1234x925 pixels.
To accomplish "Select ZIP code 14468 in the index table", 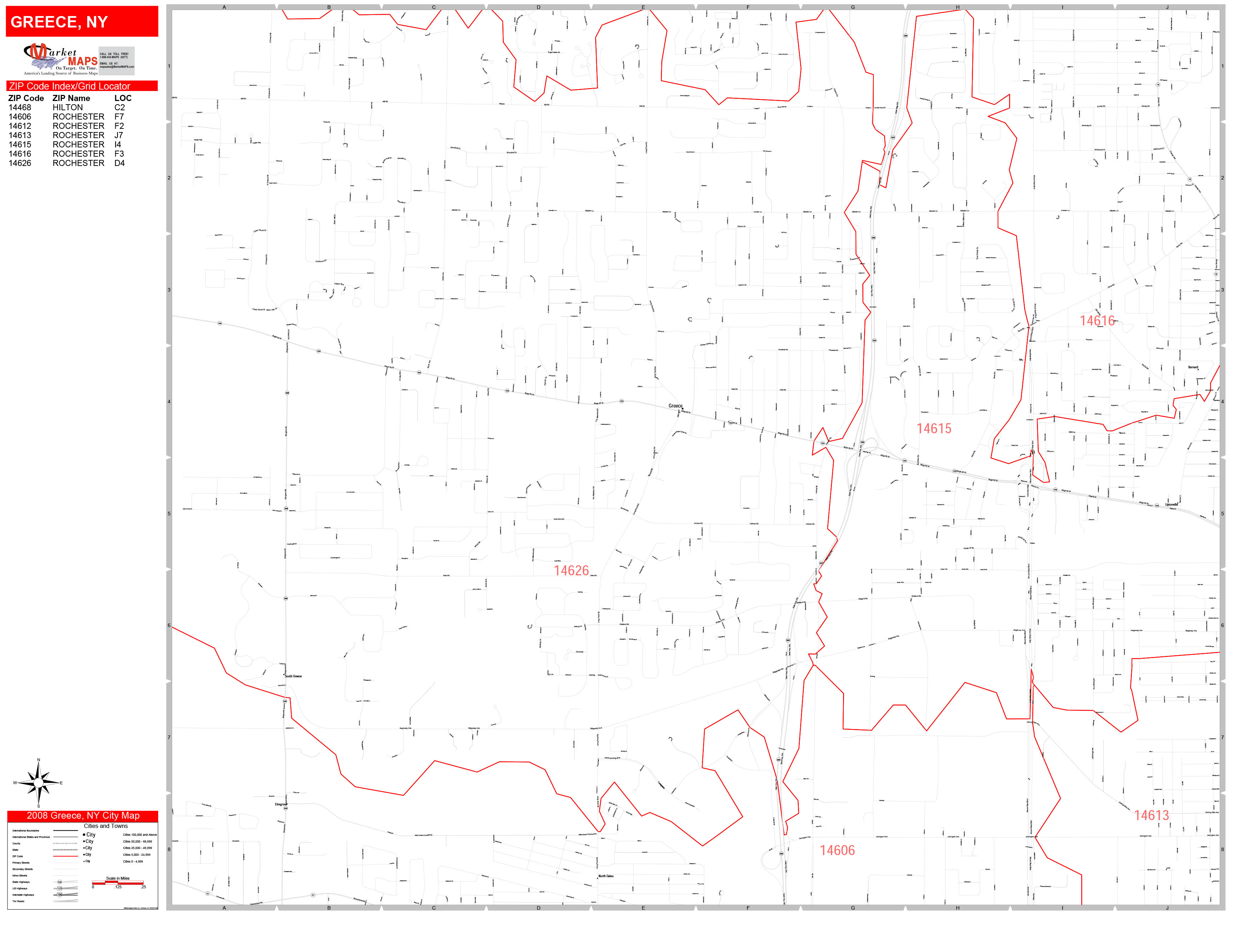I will tap(20, 108).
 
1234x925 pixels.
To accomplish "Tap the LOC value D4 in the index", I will tap(119, 163).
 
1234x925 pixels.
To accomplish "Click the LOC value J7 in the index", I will tap(119, 136).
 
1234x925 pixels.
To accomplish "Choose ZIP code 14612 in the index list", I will tap(20, 126).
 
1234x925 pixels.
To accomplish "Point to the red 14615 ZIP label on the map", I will tap(934, 429).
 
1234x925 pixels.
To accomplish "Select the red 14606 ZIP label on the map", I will tap(837, 850).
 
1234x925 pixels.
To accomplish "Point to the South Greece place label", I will tap(294, 676).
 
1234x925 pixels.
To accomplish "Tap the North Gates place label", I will tap(606, 876).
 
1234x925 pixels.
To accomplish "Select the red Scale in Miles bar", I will tap(118, 883).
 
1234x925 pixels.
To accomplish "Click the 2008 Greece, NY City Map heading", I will tap(82, 816).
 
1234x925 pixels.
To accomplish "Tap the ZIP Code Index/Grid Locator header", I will tap(70, 86).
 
